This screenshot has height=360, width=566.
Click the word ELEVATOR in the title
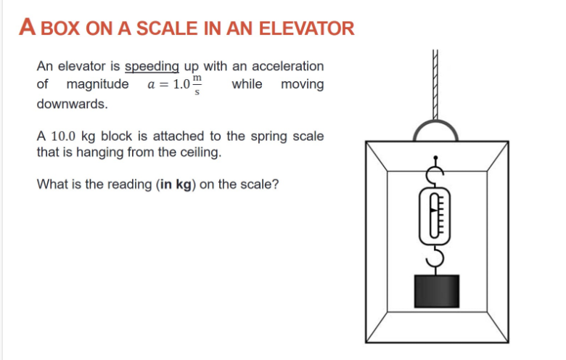(x=307, y=29)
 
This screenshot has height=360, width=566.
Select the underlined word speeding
(x=152, y=67)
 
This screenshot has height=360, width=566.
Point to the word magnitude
(x=97, y=84)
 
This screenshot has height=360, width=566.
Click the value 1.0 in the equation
(x=181, y=85)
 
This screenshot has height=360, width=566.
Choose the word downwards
(x=72, y=104)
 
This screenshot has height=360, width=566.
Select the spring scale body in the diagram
(x=435, y=216)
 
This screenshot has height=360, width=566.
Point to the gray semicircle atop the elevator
(x=435, y=131)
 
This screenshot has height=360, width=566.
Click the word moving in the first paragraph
(x=302, y=84)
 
